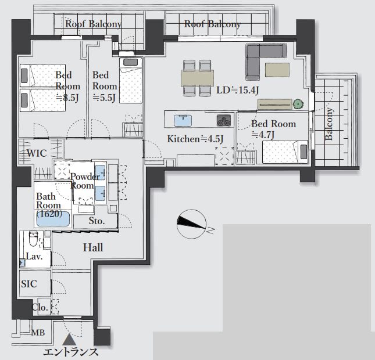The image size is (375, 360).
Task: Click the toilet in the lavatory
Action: point(33,239)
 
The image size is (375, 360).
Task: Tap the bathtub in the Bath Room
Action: point(53,218)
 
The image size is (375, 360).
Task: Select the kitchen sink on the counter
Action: point(183,121)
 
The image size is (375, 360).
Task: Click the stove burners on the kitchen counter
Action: point(224,120)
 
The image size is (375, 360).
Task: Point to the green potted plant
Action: point(298,104)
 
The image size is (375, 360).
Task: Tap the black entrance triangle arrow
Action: point(69,339)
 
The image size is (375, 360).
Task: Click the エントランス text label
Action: point(71,352)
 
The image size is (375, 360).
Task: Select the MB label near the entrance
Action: point(38,333)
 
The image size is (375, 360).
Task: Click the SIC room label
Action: point(29,284)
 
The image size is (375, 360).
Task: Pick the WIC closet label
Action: point(37,153)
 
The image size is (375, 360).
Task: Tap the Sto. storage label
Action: point(97,221)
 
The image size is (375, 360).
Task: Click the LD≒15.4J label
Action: point(237,91)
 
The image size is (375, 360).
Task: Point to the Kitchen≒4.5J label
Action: point(195,139)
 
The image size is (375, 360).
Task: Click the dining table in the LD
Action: point(197,78)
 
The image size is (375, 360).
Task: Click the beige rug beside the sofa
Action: point(277,70)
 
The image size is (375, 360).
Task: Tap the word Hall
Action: point(93,247)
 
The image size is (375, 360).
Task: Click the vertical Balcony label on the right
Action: point(329,124)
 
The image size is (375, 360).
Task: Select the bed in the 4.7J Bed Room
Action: point(285,152)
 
